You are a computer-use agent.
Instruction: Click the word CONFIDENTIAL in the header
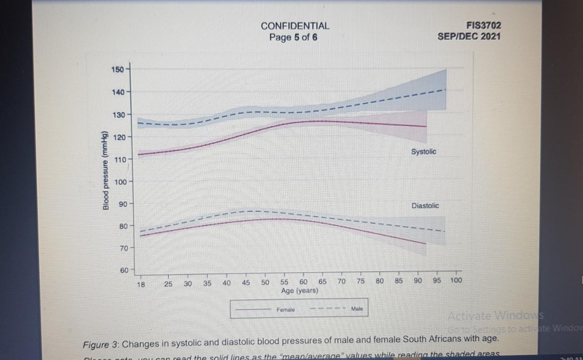tap(295, 26)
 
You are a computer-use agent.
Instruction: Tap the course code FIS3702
tap(483, 26)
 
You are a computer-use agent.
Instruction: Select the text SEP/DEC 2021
tap(469, 36)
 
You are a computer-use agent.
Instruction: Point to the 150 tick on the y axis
tap(117, 69)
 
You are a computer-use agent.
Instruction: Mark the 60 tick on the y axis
tap(124, 270)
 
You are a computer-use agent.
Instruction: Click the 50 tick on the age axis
tap(265, 283)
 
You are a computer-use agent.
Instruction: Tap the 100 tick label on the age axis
tap(455, 281)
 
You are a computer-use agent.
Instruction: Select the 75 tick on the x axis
tap(360, 282)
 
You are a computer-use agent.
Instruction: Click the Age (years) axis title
tap(300, 291)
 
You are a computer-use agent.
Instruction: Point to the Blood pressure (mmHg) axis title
tap(106, 170)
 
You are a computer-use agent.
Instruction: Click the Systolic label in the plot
tap(423, 152)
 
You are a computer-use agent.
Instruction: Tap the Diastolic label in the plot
tap(425, 206)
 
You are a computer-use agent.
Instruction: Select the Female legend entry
tap(286, 310)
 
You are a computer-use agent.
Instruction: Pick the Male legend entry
tap(357, 309)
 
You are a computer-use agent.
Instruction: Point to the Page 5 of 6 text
tap(293, 37)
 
